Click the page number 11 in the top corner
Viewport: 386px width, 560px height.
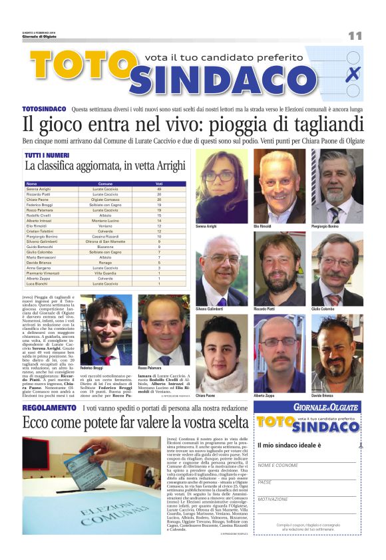354,35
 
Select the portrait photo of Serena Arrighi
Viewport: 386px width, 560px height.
221,184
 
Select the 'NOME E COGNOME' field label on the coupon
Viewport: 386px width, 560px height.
278,465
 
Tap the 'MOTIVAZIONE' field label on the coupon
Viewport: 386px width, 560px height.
274,499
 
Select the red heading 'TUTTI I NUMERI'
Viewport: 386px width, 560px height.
44,155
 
